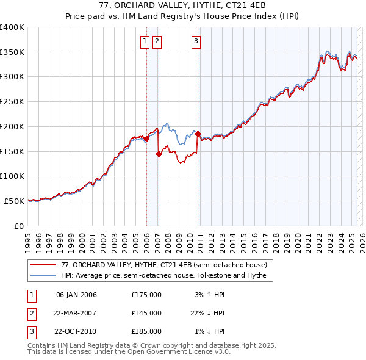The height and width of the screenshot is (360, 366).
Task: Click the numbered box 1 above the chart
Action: tap(145, 41)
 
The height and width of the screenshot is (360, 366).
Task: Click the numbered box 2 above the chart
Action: tap(157, 41)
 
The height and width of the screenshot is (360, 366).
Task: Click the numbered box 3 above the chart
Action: tap(196, 41)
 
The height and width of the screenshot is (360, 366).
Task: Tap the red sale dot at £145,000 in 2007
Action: tap(159, 154)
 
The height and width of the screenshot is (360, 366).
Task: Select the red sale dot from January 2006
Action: tap(146, 139)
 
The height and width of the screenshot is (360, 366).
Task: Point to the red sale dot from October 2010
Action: tap(198, 132)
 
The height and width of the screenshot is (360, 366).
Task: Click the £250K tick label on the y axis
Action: tap(12, 102)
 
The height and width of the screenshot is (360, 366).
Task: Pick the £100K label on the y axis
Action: tap(12, 176)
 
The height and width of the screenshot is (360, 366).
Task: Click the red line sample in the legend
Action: tap(43, 265)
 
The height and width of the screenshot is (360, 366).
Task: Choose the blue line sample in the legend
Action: tap(43, 275)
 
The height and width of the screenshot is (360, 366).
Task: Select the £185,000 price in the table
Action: tap(146, 331)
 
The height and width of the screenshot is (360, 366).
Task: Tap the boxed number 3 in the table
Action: tap(31, 331)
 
